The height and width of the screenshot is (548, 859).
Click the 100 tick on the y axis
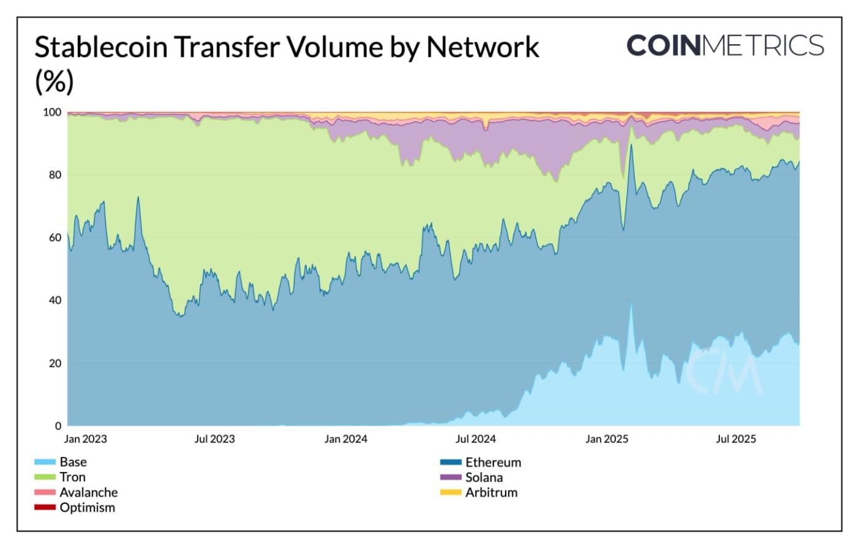point(52,112)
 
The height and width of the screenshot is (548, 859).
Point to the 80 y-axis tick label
point(55,175)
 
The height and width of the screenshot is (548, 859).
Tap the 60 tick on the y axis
point(55,237)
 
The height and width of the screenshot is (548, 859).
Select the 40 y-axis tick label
point(55,300)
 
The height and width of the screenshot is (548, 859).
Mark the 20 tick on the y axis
point(55,363)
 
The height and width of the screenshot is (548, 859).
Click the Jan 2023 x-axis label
point(85,439)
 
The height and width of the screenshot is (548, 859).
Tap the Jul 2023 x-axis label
point(214,439)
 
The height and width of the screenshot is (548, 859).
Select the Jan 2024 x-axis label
point(346,439)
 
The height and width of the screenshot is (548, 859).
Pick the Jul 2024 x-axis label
point(476,439)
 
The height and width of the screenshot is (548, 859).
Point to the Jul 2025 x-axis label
point(736,439)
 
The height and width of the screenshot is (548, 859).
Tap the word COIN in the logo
point(663,45)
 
